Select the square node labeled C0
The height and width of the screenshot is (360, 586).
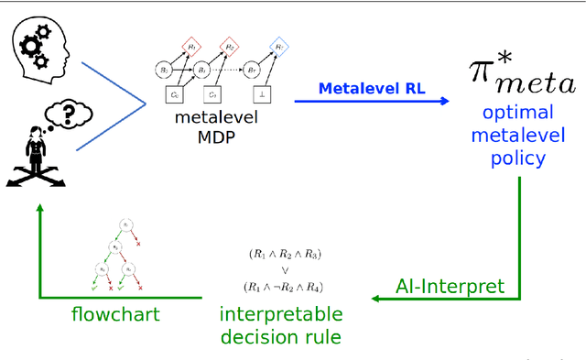[172, 95]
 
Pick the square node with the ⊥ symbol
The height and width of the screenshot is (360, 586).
[263, 95]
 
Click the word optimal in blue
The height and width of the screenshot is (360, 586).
[519, 114]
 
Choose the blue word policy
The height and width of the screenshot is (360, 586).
[519, 157]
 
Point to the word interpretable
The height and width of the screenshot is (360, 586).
[281, 315]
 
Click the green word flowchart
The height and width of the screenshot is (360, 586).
[114, 315]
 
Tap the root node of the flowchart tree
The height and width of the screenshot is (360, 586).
[129, 224]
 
